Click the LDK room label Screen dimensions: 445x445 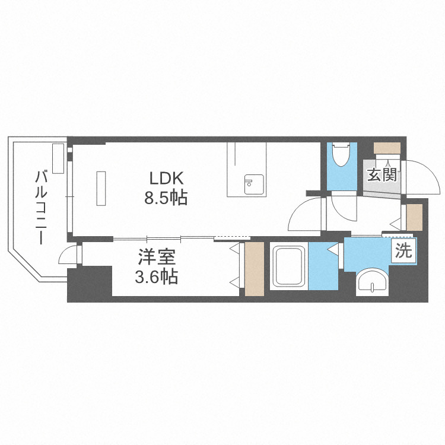coord(166,179)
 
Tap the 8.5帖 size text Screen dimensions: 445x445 coord(166,198)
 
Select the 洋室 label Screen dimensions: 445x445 coord(157,257)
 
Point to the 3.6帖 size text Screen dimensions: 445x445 coord(157,276)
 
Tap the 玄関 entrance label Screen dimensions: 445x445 coord(382,174)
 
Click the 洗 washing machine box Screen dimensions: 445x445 coord(403,250)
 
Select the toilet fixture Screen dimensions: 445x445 coord(341,155)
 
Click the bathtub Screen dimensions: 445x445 coord(289,266)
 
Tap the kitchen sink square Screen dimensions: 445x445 coord(255,185)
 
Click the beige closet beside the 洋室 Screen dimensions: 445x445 coord(255,269)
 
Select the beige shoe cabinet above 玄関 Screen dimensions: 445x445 coord(387,148)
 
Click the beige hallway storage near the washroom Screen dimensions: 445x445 coord(414,217)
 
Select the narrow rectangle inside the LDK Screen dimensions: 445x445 coord(101,188)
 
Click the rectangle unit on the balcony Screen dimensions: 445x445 coord(58,158)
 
